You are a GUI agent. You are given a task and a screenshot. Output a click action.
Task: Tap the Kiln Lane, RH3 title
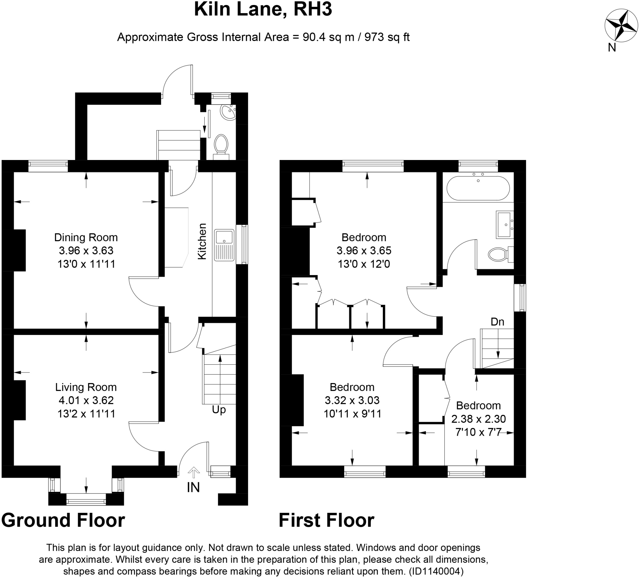pos(263,9)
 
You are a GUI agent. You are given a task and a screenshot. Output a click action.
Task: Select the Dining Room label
pos(86,237)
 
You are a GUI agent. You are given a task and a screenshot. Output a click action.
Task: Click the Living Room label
pos(86,387)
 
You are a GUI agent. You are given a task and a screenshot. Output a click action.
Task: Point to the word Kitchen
pos(202,241)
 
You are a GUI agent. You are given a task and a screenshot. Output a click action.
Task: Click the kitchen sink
pos(224,245)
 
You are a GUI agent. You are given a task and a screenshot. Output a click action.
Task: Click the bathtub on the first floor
pos(478,188)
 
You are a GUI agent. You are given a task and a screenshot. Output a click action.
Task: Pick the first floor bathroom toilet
pos(499,254)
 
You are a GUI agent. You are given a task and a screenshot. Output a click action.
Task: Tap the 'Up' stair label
pos(219,410)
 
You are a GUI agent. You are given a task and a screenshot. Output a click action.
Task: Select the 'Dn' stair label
pos(497,322)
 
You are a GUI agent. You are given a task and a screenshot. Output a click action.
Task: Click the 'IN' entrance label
pos(193,488)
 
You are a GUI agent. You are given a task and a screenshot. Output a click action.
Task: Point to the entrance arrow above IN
pos(194,472)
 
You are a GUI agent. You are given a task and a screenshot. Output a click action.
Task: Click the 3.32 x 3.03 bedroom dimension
pos(352,400)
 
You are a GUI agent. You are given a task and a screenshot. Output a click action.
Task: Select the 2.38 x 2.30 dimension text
pos(478,419)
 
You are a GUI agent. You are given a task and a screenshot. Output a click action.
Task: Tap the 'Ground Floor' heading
pos(63,520)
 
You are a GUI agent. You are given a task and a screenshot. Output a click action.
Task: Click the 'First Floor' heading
pos(326,520)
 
